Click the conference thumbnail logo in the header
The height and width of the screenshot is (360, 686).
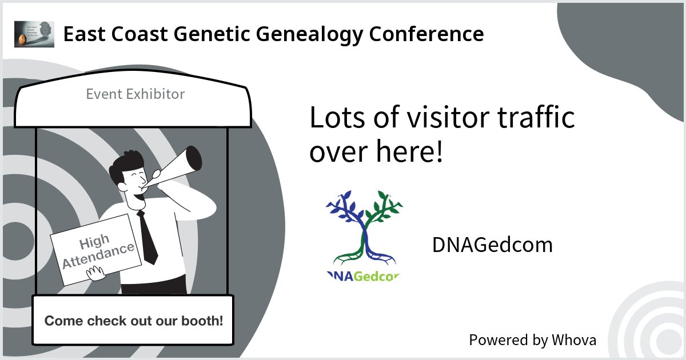(x=34, y=34)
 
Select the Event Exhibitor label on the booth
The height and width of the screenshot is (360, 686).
(x=135, y=94)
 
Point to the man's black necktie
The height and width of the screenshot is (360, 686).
(x=147, y=237)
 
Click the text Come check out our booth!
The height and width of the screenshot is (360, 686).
(x=134, y=321)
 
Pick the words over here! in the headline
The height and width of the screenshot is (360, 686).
(x=376, y=153)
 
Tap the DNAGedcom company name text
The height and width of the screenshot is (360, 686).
(x=492, y=245)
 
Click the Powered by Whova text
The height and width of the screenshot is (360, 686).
(x=532, y=340)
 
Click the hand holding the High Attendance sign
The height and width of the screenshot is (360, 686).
(x=96, y=275)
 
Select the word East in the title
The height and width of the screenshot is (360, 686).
(x=82, y=34)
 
